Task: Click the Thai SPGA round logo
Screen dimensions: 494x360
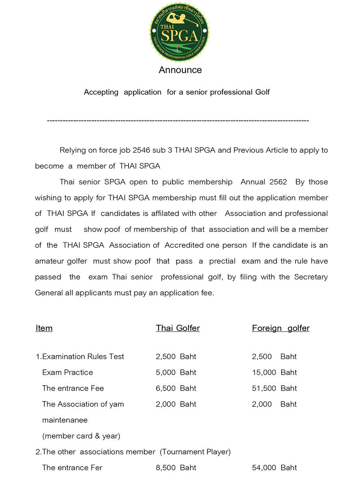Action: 179,32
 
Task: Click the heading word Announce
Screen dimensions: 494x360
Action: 180,70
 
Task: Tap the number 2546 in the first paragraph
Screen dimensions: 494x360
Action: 141,150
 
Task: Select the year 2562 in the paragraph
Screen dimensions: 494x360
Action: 278,182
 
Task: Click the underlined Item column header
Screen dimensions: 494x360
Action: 44,328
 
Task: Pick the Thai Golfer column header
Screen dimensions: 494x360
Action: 177,328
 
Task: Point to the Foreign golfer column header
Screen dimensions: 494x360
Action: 280,328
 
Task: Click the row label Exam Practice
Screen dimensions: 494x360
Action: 67,372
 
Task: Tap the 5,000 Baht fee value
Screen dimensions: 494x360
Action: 176,372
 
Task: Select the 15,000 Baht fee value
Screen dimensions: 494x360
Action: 274,372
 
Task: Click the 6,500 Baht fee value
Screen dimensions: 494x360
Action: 176,388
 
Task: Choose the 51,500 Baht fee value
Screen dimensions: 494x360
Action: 274,388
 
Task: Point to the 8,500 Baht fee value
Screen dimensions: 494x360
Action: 176,468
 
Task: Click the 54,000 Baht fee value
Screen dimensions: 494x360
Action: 274,468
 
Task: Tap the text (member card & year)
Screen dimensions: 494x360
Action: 81,436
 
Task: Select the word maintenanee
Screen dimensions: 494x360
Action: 65,420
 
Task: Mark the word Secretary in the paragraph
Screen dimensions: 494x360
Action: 311,277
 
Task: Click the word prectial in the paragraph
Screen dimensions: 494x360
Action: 222,261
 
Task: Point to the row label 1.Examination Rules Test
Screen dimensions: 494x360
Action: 80,356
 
